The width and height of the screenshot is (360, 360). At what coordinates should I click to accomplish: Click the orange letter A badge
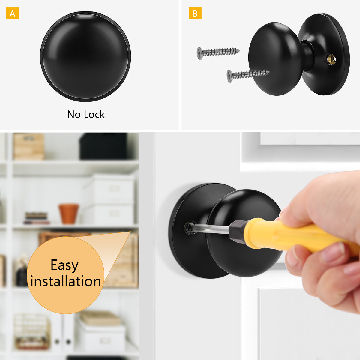(12, 13)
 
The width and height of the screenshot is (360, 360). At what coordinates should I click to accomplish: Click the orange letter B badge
(195, 13)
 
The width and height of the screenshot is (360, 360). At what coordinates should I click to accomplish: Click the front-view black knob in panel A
(85, 56)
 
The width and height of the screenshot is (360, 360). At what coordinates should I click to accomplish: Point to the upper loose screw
(218, 53)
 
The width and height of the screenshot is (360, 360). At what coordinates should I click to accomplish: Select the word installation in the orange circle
(66, 281)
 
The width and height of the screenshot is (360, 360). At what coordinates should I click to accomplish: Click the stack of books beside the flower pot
(36, 218)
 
